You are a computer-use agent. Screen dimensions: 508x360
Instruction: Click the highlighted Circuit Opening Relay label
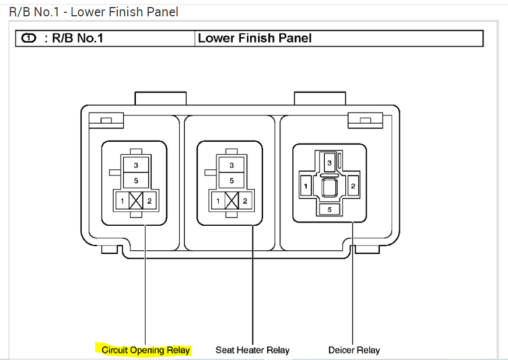click(145, 350)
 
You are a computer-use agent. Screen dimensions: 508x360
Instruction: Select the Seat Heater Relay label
click(252, 350)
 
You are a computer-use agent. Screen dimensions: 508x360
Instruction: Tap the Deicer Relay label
click(353, 350)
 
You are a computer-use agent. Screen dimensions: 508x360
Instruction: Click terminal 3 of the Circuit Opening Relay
click(136, 166)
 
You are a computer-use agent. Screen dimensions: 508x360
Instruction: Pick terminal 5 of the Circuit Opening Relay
click(136, 181)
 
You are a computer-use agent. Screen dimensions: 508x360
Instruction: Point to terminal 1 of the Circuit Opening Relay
click(122, 201)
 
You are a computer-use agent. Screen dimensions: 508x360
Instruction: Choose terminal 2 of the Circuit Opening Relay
click(150, 201)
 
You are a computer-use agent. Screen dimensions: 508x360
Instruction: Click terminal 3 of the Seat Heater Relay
click(232, 166)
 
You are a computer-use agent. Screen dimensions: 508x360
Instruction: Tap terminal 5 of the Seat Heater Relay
click(232, 181)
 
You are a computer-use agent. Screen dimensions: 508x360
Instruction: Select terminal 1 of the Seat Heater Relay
click(218, 201)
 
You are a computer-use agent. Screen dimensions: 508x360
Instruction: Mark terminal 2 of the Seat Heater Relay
click(246, 201)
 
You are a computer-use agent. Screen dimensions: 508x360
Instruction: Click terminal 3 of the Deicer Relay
click(329, 163)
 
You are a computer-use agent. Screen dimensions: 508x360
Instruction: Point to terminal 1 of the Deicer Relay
click(305, 186)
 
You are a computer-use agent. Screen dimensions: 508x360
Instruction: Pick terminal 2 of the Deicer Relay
click(353, 186)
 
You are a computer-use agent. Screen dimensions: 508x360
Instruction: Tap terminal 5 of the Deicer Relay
click(329, 209)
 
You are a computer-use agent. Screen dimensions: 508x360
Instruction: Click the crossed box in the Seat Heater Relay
click(232, 201)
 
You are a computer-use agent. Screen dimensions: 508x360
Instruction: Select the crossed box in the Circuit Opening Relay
click(136, 201)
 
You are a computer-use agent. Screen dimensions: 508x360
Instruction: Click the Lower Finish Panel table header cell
click(338, 39)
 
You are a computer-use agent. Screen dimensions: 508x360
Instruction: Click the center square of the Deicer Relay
click(329, 187)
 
